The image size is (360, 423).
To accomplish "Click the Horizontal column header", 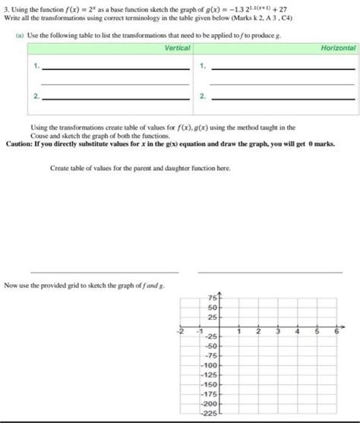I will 338,48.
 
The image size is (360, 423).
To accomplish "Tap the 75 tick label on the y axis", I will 212,297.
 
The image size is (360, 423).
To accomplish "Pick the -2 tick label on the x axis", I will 180,331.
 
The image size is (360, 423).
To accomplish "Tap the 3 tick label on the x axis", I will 277,331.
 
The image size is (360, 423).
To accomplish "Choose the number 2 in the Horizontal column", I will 201,96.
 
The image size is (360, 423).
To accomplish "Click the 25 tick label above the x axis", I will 212,317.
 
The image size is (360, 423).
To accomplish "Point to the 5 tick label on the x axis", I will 317,331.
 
